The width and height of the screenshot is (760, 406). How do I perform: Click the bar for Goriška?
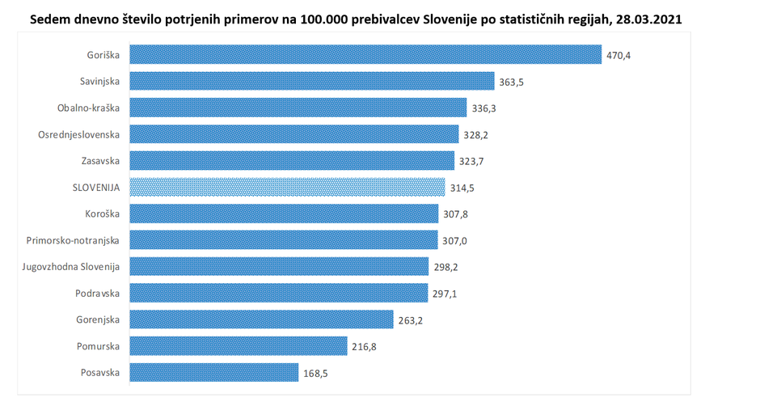click(x=366, y=54)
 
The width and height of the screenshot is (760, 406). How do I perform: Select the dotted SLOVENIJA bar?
click(x=287, y=187)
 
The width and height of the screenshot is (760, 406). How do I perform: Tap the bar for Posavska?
click(x=214, y=373)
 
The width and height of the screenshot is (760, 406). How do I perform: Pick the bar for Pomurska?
click(x=239, y=346)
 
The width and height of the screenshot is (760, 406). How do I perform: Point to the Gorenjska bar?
click(x=261, y=319)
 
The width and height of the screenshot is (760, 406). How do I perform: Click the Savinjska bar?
click(x=312, y=81)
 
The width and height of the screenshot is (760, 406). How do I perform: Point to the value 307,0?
click(x=455, y=241)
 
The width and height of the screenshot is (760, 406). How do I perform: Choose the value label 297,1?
click(x=444, y=294)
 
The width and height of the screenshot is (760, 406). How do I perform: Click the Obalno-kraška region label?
click(x=88, y=108)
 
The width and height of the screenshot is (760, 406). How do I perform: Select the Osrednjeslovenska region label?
click(x=79, y=134)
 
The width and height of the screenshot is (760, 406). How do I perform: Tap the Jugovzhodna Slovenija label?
click(x=71, y=267)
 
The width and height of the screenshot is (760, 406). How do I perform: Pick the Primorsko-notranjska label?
click(x=74, y=240)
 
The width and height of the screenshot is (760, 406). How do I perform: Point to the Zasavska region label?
click(x=100, y=161)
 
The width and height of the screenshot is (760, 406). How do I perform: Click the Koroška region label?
click(x=102, y=214)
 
